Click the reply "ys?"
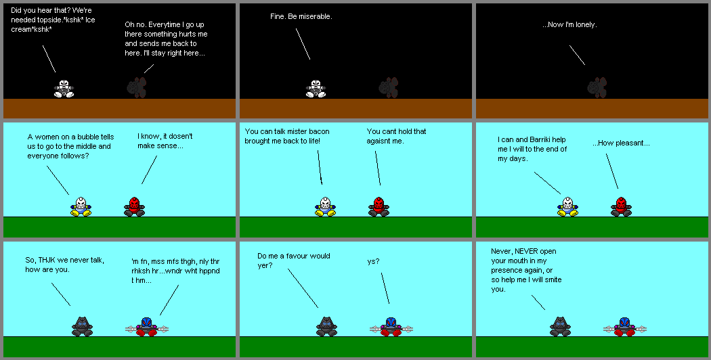(x=373, y=261)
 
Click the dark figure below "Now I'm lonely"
(x=597, y=87)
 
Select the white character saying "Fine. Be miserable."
(x=315, y=88)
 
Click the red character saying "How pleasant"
(x=620, y=206)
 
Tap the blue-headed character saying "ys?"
(x=390, y=327)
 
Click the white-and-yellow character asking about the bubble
(x=81, y=206)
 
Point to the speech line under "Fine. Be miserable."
(x=303, y=43)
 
